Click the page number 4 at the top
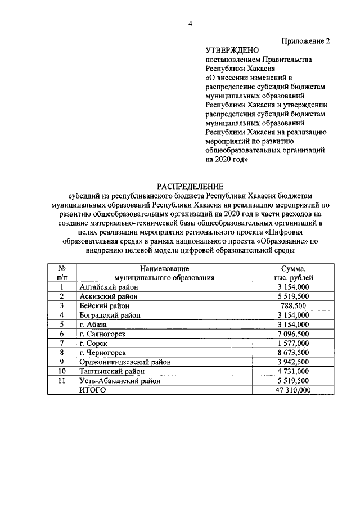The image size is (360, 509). click(190, 23)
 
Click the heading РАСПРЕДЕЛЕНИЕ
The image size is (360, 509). click(190, 186)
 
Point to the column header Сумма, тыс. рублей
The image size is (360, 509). click(293, 273)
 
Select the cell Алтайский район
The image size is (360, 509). click(107, 287)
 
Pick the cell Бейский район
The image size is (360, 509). click(102, 306)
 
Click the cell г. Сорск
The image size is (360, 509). click(94, 344)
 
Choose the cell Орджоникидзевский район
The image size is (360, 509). click(122, 362)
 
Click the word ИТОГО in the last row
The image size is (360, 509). click(93, 390)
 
